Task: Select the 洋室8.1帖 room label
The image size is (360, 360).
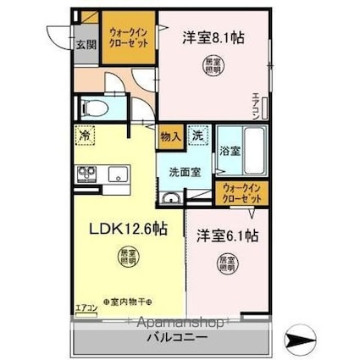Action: click(x=213, y=38)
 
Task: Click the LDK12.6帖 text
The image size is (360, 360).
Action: click(x=128, y=230)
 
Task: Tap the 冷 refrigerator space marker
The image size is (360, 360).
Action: click(x=86, y=134)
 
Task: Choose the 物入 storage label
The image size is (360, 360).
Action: click(x=169, y=135)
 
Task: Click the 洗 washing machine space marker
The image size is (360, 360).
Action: click(x=197, y=134)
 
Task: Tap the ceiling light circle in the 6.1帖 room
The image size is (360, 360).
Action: click(x=227, y=264)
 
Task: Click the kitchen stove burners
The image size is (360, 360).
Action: click(x=87, y=174)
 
